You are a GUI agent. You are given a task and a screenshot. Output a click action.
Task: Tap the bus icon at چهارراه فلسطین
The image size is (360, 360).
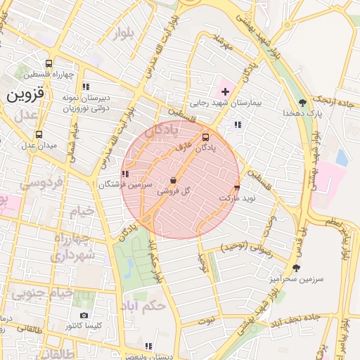tap(48, 63)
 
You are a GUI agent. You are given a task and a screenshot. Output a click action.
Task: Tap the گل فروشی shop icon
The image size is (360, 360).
tap(173, 181)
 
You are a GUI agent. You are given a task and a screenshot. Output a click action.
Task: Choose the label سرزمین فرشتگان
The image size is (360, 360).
tap(124, 184)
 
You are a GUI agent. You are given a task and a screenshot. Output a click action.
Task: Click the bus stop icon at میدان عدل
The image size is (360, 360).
tap(38, 134)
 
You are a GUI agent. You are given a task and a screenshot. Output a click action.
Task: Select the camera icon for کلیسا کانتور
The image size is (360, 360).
tap(84, 316)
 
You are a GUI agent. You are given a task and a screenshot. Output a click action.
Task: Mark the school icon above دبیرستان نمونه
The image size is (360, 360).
tap(86, 87)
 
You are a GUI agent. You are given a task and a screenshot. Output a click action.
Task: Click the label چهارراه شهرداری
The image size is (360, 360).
tap(73, 247)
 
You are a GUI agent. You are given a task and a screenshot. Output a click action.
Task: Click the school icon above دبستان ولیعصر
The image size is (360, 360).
tap(148, 345)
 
